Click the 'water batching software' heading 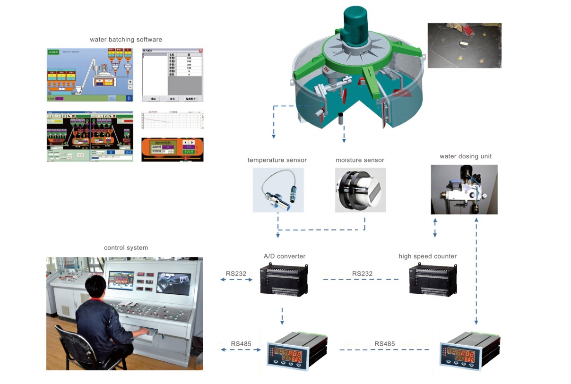pyautogui.click(x=126, y=39)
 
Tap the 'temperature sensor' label pyautogui.click(x=277, y=160)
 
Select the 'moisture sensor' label pyautogui.click(x=360, y=160)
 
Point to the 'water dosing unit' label pyautogui.click(x=466, y=156)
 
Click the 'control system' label pyautogui.click(x=126, y=247)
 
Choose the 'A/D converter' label pyautogui.click(x=285, y=256)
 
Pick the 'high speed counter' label pyautogui.click(x=427, y=256)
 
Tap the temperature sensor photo pyautogui.click(x=278, y=190)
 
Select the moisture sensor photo pyautogui.click(x=360, y=190)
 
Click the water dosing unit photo pyautogui.click(x=464, y=189)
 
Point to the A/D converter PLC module pyautogui.click(x=284, y=280)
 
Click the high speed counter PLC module pyautogui.click(x=433, y=280)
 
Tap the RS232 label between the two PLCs pyautogui.click(x=362, y=273)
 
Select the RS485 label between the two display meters pyautogui.click(x=384, y=344)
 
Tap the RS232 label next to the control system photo pyautogui.click(x=236, y=273)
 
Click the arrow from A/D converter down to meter pyautogui.click(x=282, y=316)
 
